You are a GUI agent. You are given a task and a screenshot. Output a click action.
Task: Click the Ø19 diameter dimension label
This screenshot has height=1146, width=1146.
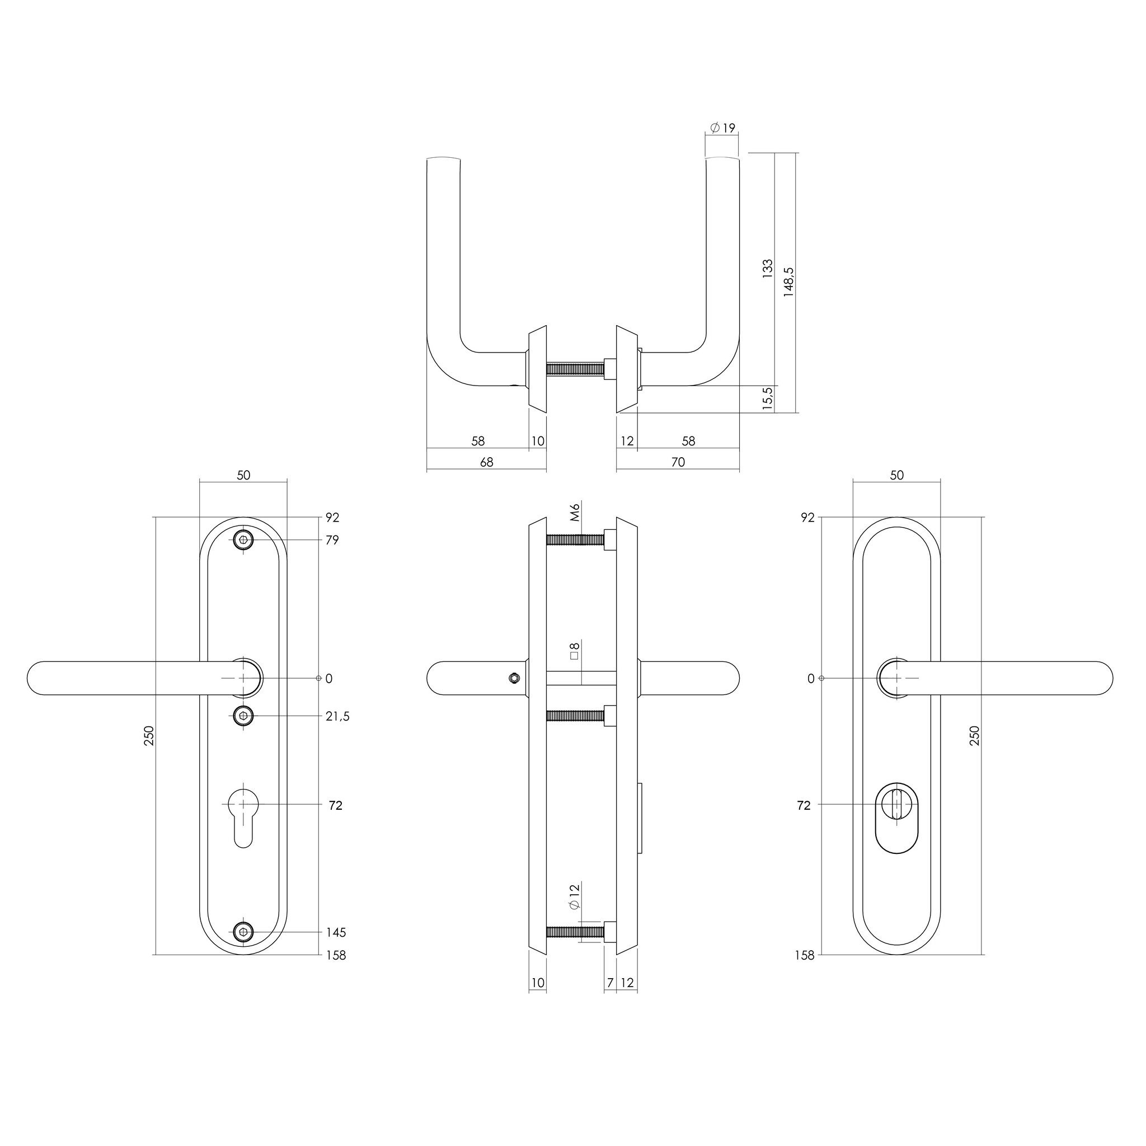click(722, 128)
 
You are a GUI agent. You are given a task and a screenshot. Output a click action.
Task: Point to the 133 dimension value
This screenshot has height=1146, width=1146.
click(768, 269)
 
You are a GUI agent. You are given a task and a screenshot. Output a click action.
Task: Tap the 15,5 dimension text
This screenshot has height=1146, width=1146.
click(768, 398)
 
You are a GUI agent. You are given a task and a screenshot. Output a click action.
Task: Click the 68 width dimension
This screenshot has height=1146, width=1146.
click(486, 462)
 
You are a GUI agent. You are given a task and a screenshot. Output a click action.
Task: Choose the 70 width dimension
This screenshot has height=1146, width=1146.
click(678, 462)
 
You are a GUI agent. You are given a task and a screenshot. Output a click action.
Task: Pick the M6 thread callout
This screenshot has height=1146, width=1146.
click(574, 512)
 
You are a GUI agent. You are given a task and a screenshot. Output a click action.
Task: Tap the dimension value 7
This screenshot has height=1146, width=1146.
click(610, 983)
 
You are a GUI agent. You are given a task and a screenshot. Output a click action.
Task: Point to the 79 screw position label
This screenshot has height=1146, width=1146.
click(332, 541)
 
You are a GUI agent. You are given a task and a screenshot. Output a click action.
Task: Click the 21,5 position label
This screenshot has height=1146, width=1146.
click(337, 717)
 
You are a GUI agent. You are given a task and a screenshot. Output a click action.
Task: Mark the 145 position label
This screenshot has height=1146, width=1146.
click(336, 932)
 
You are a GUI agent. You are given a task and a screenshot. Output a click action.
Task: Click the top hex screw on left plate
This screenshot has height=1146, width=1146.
click(243, 541)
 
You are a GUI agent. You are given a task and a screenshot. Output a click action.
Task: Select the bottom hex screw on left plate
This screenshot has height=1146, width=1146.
click(243, 932)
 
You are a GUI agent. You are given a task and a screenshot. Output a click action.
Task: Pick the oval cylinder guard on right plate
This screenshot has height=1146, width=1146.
click(897, 817)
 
